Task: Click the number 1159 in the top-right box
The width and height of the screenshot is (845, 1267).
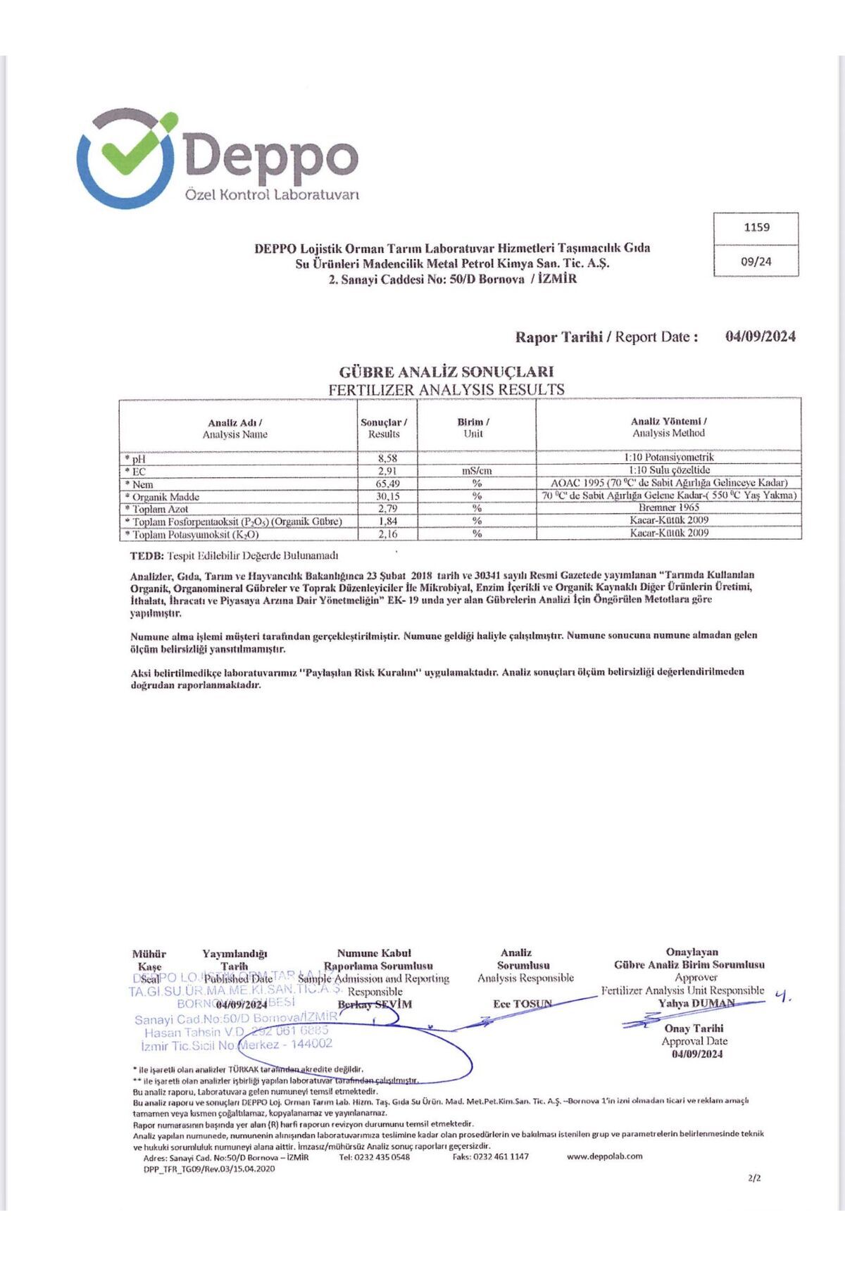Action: click(756, 228)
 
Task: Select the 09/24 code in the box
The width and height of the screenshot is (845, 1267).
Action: click(756, 262)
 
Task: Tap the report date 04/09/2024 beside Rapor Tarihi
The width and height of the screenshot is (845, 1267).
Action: click(760, 336)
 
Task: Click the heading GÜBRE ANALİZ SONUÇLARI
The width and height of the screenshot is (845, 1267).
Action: click(446, 372)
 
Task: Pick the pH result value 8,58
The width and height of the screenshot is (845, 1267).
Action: click(387, 458)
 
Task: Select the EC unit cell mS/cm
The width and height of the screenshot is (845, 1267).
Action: click(477, 471)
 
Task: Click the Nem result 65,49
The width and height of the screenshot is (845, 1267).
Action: click(387, 484)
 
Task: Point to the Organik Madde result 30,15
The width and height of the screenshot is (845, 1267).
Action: click(387, 496)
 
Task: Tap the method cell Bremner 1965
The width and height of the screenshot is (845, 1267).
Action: click(668, 508)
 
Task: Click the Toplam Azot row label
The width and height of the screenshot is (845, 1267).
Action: click(160, 509)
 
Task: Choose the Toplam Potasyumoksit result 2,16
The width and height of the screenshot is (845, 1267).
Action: click(387, 534)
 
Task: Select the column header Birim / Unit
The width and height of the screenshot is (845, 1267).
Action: click(473, 428)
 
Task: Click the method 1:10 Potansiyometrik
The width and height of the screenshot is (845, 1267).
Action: click(668, 458)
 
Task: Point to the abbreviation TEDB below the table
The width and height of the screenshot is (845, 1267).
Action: click(147, 556)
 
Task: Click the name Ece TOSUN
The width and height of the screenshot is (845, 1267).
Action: click(522, 1004)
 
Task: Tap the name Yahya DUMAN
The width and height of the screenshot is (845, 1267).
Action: click(696, 1003)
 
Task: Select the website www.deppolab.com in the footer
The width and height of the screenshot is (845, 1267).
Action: click(604, 1156)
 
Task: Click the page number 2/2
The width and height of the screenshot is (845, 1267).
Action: click(755, 1178)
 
